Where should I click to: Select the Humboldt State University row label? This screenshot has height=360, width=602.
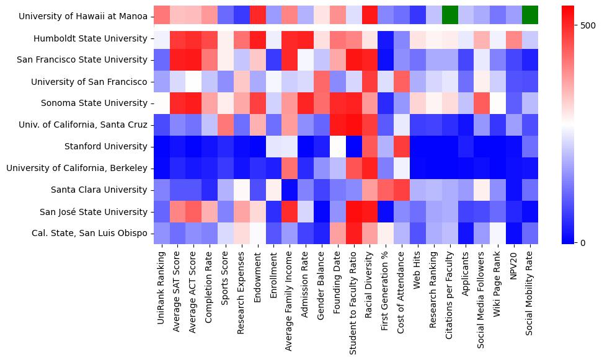click(x=91, y=39)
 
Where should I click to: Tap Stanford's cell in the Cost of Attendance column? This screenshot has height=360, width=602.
click(x=401, y=147)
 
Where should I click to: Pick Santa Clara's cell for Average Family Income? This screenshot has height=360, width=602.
click(x=289, y=190)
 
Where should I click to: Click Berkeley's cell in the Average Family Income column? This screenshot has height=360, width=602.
click(x=289, y=168)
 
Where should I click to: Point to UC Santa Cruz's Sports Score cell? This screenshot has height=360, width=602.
click(x=225, y=125)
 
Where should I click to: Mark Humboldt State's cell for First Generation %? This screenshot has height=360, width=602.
click(x=386, y=39)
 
